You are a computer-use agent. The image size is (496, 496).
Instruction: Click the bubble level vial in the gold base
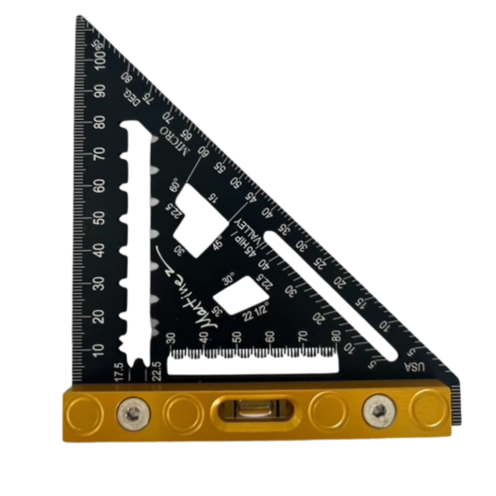pos(253,411)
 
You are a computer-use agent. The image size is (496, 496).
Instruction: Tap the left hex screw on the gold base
pos(133,413)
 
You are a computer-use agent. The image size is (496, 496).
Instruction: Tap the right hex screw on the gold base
pos(379,411)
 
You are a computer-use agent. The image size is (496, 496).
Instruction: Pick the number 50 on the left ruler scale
pos(99,218)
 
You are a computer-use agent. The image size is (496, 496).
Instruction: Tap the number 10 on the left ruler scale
pos(99,349)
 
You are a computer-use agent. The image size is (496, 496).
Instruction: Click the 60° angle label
pos(175,186)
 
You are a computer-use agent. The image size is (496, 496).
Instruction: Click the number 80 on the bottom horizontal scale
pos(336,335)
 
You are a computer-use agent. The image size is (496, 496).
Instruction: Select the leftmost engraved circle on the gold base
pos(84,413)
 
